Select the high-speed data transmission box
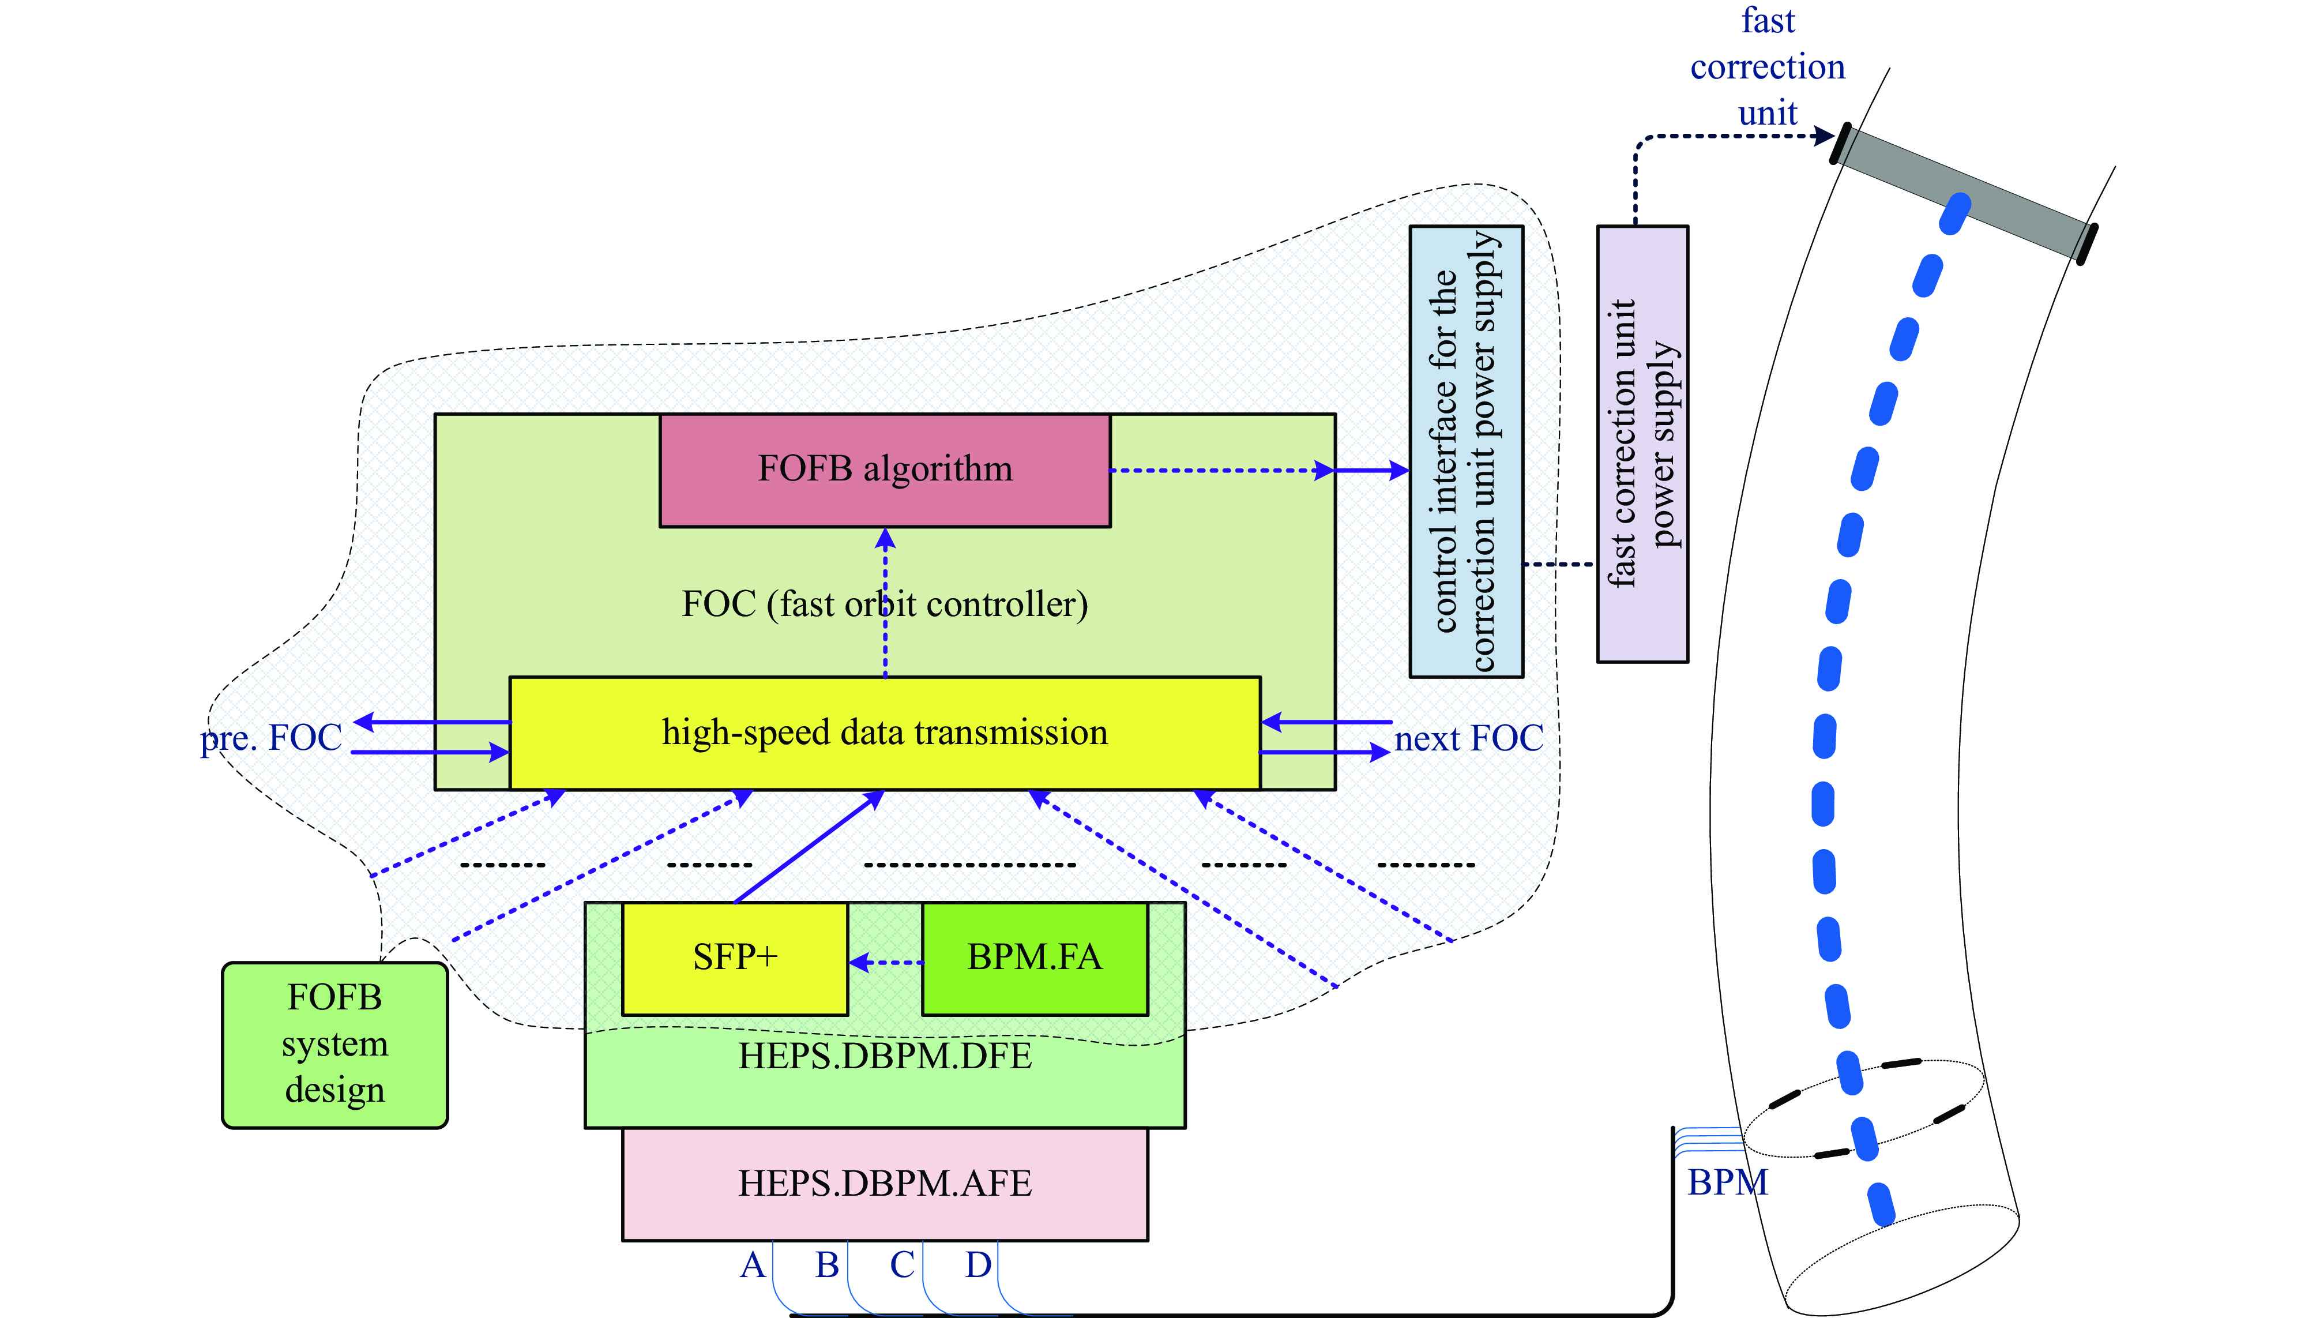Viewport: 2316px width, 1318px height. pyautogui.click(x=884, y=733)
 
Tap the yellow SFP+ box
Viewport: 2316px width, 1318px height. pyautogui.click(x=735, y=957)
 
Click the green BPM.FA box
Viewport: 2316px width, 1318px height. pyautogui.click(x=1035, y=957)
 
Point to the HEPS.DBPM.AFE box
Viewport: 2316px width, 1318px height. pyautogui.click(x=884, y=1183)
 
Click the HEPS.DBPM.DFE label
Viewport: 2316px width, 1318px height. pyautogui.click(x=884, y=1056)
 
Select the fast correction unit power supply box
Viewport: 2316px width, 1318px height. pyautogui.click(x=1642, y=444)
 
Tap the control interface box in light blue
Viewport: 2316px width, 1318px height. pyautogui.click(x=1466, y=451)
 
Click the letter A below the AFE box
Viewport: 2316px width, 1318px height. pyautogui.click(x=752, y=1264)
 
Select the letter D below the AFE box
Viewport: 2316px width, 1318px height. pyautogui.click(x=977, y=1264)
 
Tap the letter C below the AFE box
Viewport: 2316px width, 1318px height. pyautogui.click(x=901, y=1264)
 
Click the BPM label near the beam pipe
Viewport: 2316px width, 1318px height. pyautogui.click(x=1727, y=1182)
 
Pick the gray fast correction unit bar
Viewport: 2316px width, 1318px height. pyautogui.click(x=1964, y=192)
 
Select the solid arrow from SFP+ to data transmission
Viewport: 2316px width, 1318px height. pyautogui.click(x=808, y=846)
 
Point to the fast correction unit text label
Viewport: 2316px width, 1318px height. pyautogui.click(x=1766, y=67)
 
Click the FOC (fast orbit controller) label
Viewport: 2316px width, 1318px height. pyautogui.click(x=884, y=604)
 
